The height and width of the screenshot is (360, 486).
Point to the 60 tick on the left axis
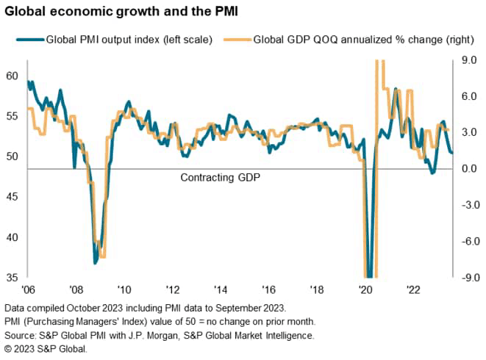[11, 76]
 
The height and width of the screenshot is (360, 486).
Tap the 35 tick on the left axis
[11, 278]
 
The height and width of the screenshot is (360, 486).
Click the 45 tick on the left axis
[11, 197]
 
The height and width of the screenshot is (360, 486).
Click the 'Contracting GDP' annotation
[221, 177]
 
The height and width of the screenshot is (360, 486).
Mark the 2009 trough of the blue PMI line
[96, 262]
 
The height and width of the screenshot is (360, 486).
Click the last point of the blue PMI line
[451, 153]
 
